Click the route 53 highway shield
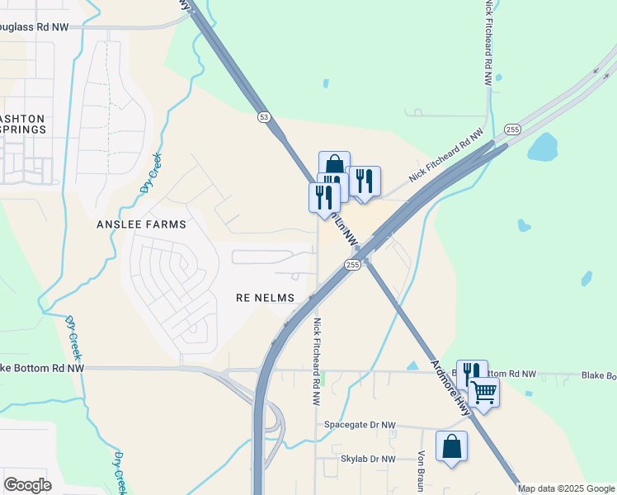tap(263, 117)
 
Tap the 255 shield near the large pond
tap(512, 130)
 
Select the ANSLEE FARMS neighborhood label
tap(142, 224)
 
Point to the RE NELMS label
tap(266, 296)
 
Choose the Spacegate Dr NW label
tap(360, 425)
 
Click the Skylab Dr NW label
tap(368, 459)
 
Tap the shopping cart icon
tap(483, 393)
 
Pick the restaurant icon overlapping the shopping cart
tap(471, 374)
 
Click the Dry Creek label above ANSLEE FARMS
tap(148, 173)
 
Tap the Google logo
tap(27, 485)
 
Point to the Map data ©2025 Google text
tap(566, 488)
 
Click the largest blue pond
tap(543, 148)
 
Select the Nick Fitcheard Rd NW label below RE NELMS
tap(316, 363)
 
